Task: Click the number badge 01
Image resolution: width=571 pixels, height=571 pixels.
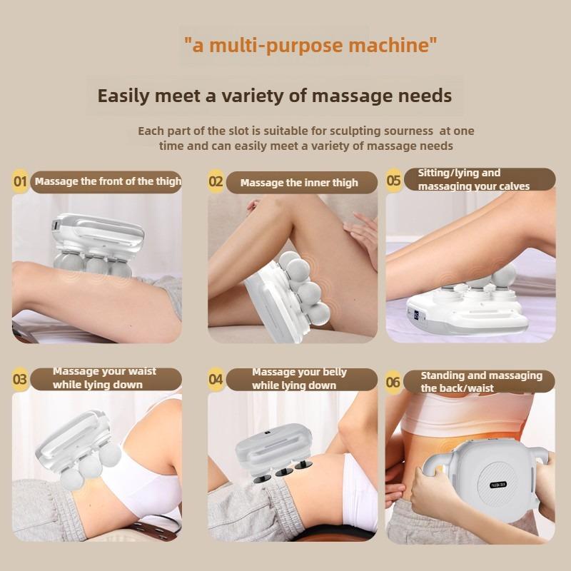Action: coord(21,181)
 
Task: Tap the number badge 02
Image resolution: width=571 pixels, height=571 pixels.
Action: coord(216,181)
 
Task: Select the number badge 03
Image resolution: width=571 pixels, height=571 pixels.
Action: coord(21,379)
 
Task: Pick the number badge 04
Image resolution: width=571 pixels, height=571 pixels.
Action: coord(216,379)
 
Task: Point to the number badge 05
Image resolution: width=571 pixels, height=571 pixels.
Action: coord(394,180)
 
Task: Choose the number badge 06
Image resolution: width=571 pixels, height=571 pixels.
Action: coord(393,383)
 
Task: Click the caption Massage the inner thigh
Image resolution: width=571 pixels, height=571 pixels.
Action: coord(299,183)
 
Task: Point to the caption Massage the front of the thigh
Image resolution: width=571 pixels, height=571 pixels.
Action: coord(108,181)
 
